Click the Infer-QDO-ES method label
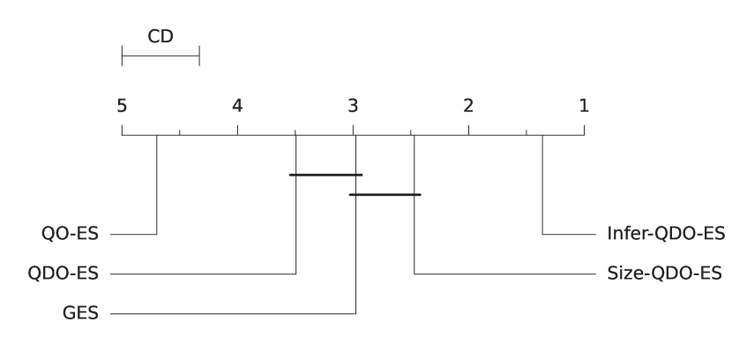(665, 235)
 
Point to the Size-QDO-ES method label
(664, 274)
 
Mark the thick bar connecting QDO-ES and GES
(325, 175)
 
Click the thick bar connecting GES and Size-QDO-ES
(385, 194)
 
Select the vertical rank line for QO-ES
(156, 185)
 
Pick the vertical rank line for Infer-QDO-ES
(542, 185)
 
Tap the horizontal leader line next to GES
(229, 313)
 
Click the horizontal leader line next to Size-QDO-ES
(503, 274)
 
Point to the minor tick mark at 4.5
(180, 132)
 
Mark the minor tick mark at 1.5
(527, 132)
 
